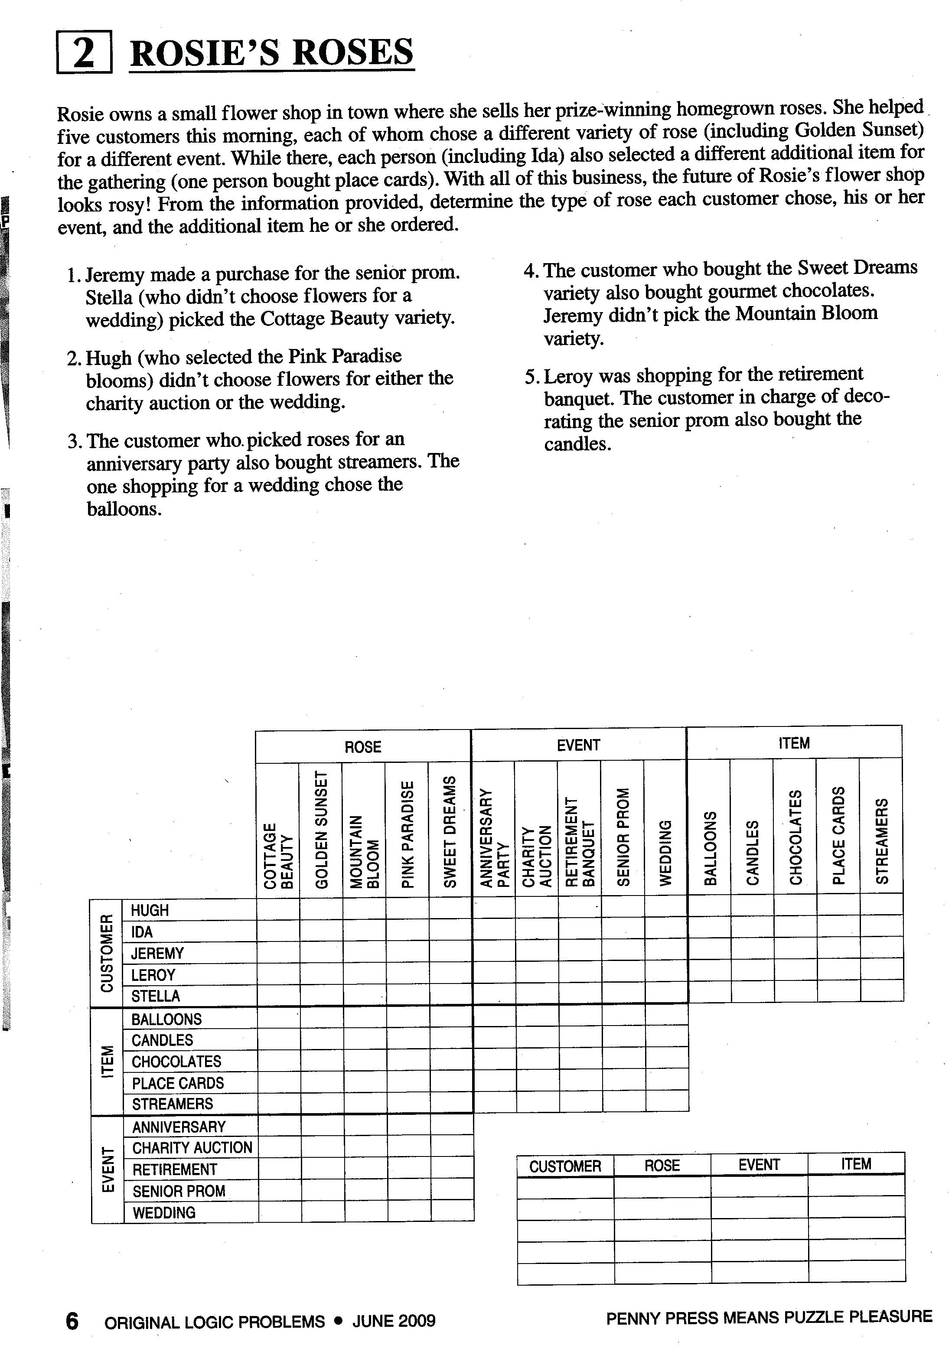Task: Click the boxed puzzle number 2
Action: click(84, 52)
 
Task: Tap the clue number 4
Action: click(530, 270)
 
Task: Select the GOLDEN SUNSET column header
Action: click(321, 829)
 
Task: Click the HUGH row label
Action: click(150, 910)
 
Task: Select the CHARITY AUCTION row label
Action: click(192, 1147)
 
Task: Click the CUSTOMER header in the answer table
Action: click(565, 1166)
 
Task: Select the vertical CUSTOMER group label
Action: click(107, 953)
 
